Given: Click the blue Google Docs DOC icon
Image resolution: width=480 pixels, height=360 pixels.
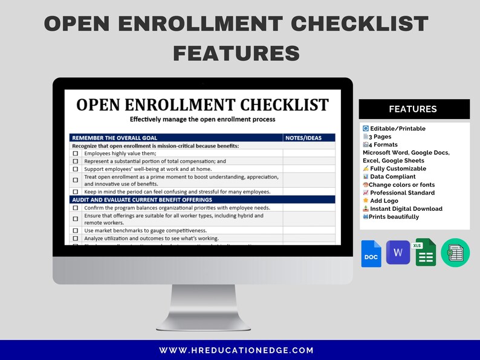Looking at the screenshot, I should pos(371,254).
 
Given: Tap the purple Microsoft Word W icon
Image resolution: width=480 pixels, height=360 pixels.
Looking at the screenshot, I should pos(398,252).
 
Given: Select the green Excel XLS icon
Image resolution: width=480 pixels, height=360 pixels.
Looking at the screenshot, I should pos(426,252).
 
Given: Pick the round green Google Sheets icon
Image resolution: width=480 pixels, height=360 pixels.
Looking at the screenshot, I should pos(455,252).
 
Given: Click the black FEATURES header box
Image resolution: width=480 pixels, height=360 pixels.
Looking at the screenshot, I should pos(414,109).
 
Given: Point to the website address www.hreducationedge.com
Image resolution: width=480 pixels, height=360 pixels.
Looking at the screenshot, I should pos(236,350).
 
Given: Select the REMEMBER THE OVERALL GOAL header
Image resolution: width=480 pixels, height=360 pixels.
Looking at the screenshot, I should pos(115,138).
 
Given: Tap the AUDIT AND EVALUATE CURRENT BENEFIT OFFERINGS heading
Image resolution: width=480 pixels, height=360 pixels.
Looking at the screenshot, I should pos(142,199).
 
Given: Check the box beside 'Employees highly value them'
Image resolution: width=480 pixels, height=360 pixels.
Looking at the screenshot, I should pos(76,153).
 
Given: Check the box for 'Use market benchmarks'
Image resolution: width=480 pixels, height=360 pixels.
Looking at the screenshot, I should pos(76,231).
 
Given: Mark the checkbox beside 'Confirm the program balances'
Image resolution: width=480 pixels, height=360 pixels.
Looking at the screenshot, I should pos(76,208).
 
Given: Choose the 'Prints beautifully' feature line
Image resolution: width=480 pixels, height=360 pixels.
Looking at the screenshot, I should pos(395,217).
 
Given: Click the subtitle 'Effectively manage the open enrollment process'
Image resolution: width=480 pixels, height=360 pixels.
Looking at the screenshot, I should pos(203,119).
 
